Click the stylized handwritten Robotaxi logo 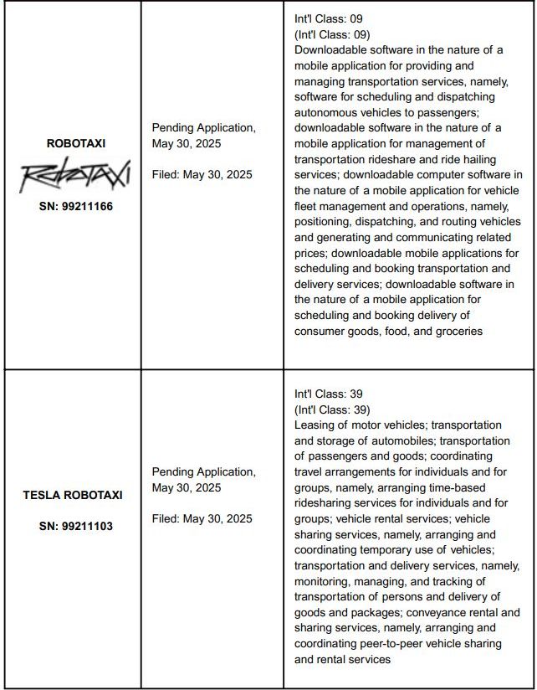point(75,175)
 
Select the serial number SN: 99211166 point(75,206)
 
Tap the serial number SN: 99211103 point(75,527)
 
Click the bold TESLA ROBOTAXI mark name point(74,495)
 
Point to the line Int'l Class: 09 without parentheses point(329,18)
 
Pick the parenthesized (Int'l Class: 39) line point(332,409)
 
